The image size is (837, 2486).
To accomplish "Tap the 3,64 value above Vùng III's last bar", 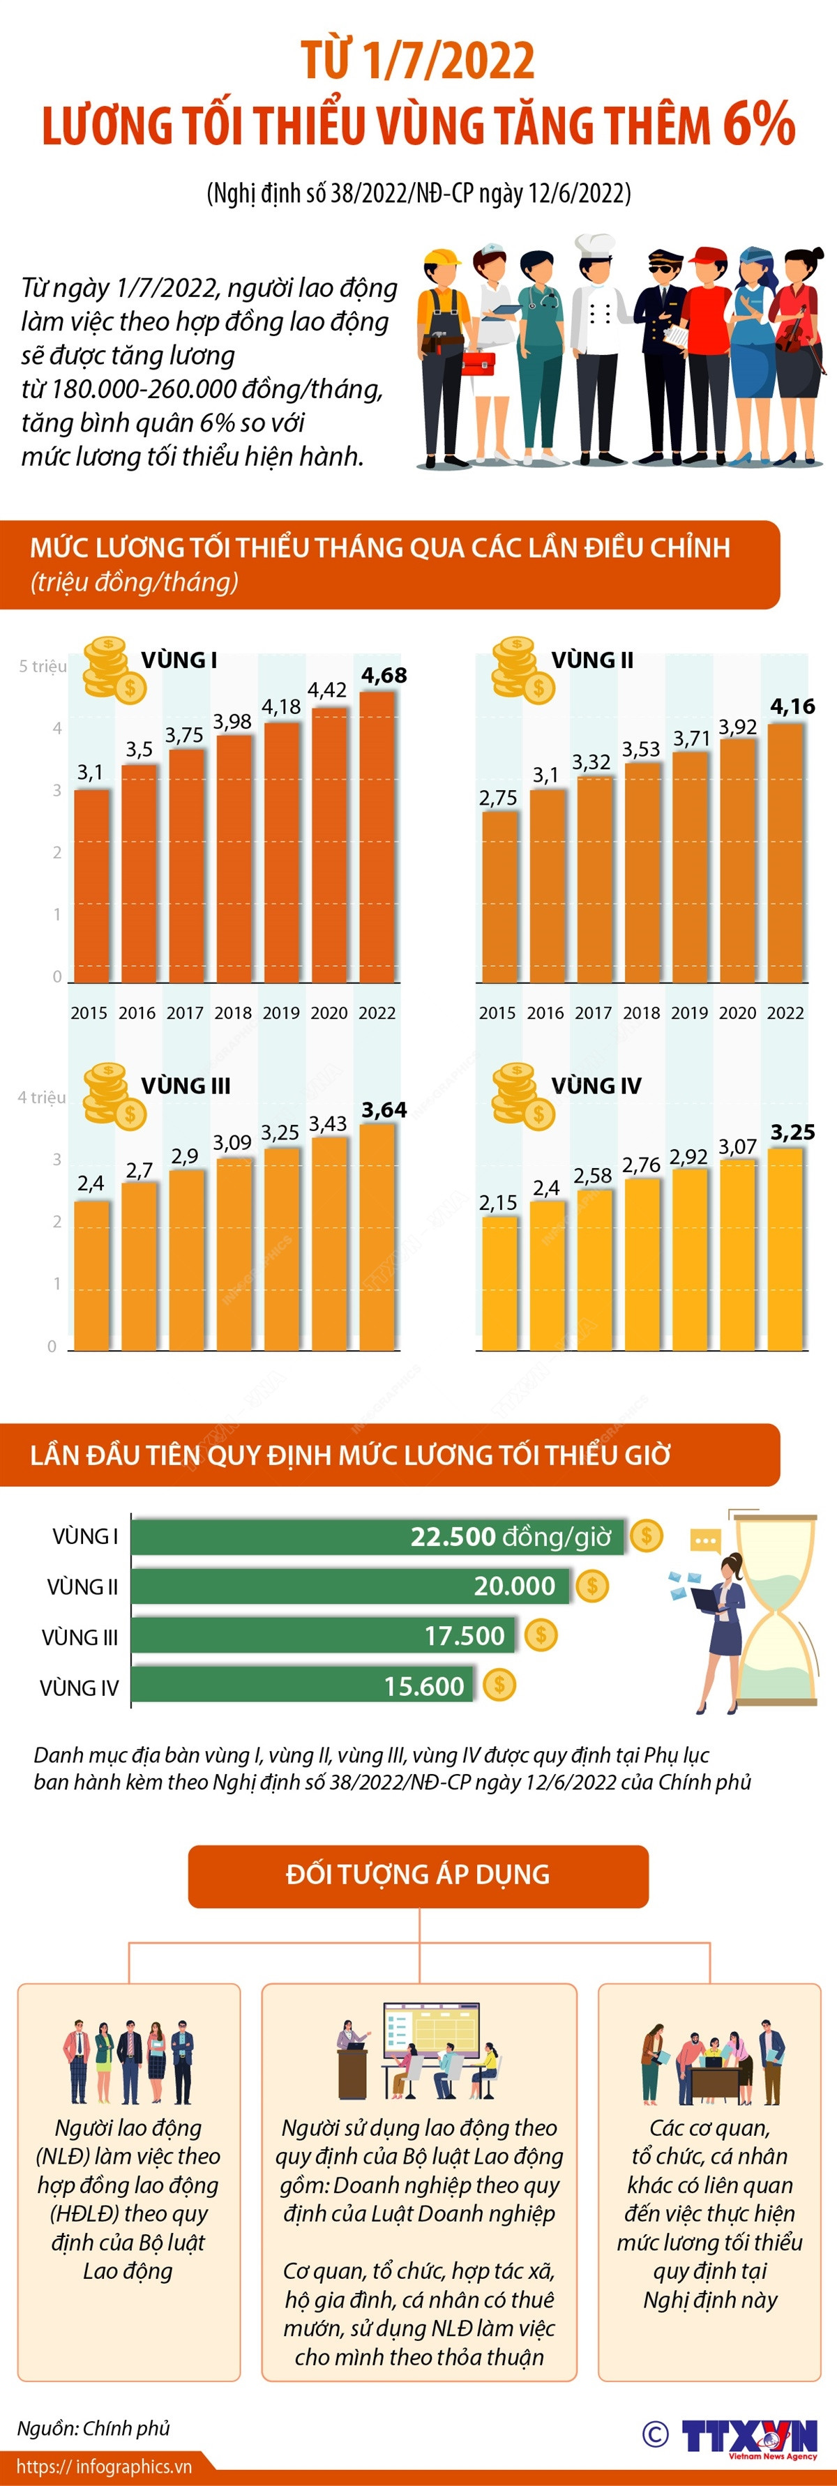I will point(383,1110).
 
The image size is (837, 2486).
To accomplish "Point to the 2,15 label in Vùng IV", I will point(498,1202).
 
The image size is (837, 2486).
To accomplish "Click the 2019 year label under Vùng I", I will point(281,1013).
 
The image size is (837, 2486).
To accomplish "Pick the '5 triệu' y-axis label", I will point(43,666).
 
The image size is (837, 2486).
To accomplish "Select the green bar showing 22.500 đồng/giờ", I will point(377,1536).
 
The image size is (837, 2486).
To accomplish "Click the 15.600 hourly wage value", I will point(424,1686).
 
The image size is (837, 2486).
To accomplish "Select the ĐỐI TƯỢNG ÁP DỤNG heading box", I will point(418,1875).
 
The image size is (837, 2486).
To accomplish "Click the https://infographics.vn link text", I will point(104,2466).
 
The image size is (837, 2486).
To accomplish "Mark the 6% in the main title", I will point(757,126).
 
